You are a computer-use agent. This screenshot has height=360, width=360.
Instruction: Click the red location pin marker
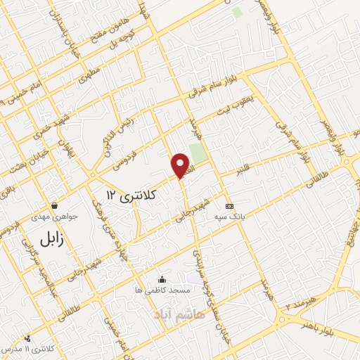(x=181, y=165)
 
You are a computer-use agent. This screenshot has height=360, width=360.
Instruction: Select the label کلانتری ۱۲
(x=130, y=192)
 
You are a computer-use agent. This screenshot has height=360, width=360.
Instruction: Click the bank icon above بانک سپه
(x=229, y=205)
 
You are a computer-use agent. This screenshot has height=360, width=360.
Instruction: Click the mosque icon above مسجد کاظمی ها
(x=162, y=278)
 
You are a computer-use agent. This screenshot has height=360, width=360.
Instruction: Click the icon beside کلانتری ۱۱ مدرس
(x=27, y=338)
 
